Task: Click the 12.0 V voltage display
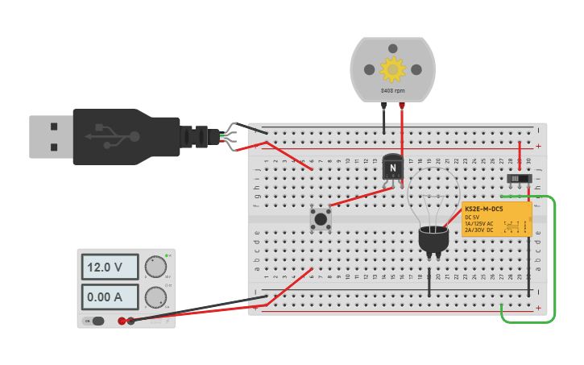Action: tap(109, 267)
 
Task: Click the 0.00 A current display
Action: tap(109, 297)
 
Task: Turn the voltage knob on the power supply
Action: tap(155, 267)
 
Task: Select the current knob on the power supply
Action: tap(155, 297)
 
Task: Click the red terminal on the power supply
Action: tap(122, 321)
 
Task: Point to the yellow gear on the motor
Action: tap(392, 69)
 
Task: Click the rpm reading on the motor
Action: tap(392, 91)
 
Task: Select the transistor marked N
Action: tap(392, 167)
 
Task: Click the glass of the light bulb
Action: tap(433, 197)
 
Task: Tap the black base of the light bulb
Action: tap(433, 239)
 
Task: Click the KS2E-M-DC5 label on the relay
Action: tap(483, 209)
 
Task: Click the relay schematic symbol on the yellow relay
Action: tap(510, 224)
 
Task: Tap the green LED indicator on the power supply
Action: tap(166, 256)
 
